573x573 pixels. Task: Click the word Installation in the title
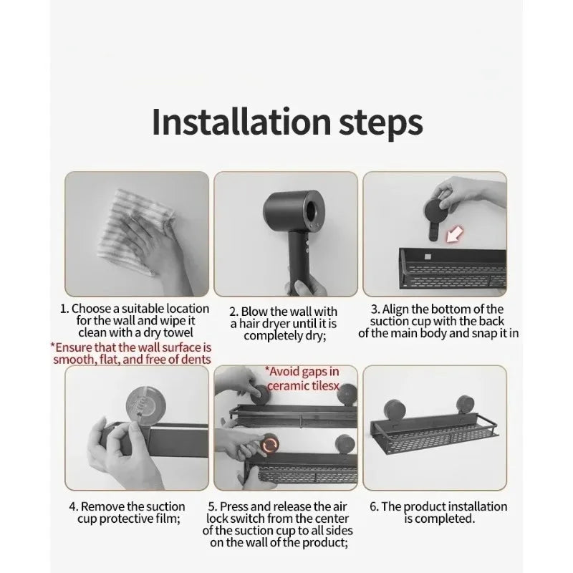(x=242, y=122)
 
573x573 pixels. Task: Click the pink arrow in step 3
(x=453, y=234)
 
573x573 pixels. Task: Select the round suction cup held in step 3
(x=436, y=211)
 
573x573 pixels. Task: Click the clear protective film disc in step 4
(x=145, y=405)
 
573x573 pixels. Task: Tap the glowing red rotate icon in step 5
(x=270, y=444)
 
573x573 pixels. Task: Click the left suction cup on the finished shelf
(x=393, y=410)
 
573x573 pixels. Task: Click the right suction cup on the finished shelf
(x=465, y=405)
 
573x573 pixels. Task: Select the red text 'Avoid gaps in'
(x=302, y=372)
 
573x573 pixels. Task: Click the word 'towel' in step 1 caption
(x=178, y=332)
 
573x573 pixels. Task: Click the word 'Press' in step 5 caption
(x=235, y=507)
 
